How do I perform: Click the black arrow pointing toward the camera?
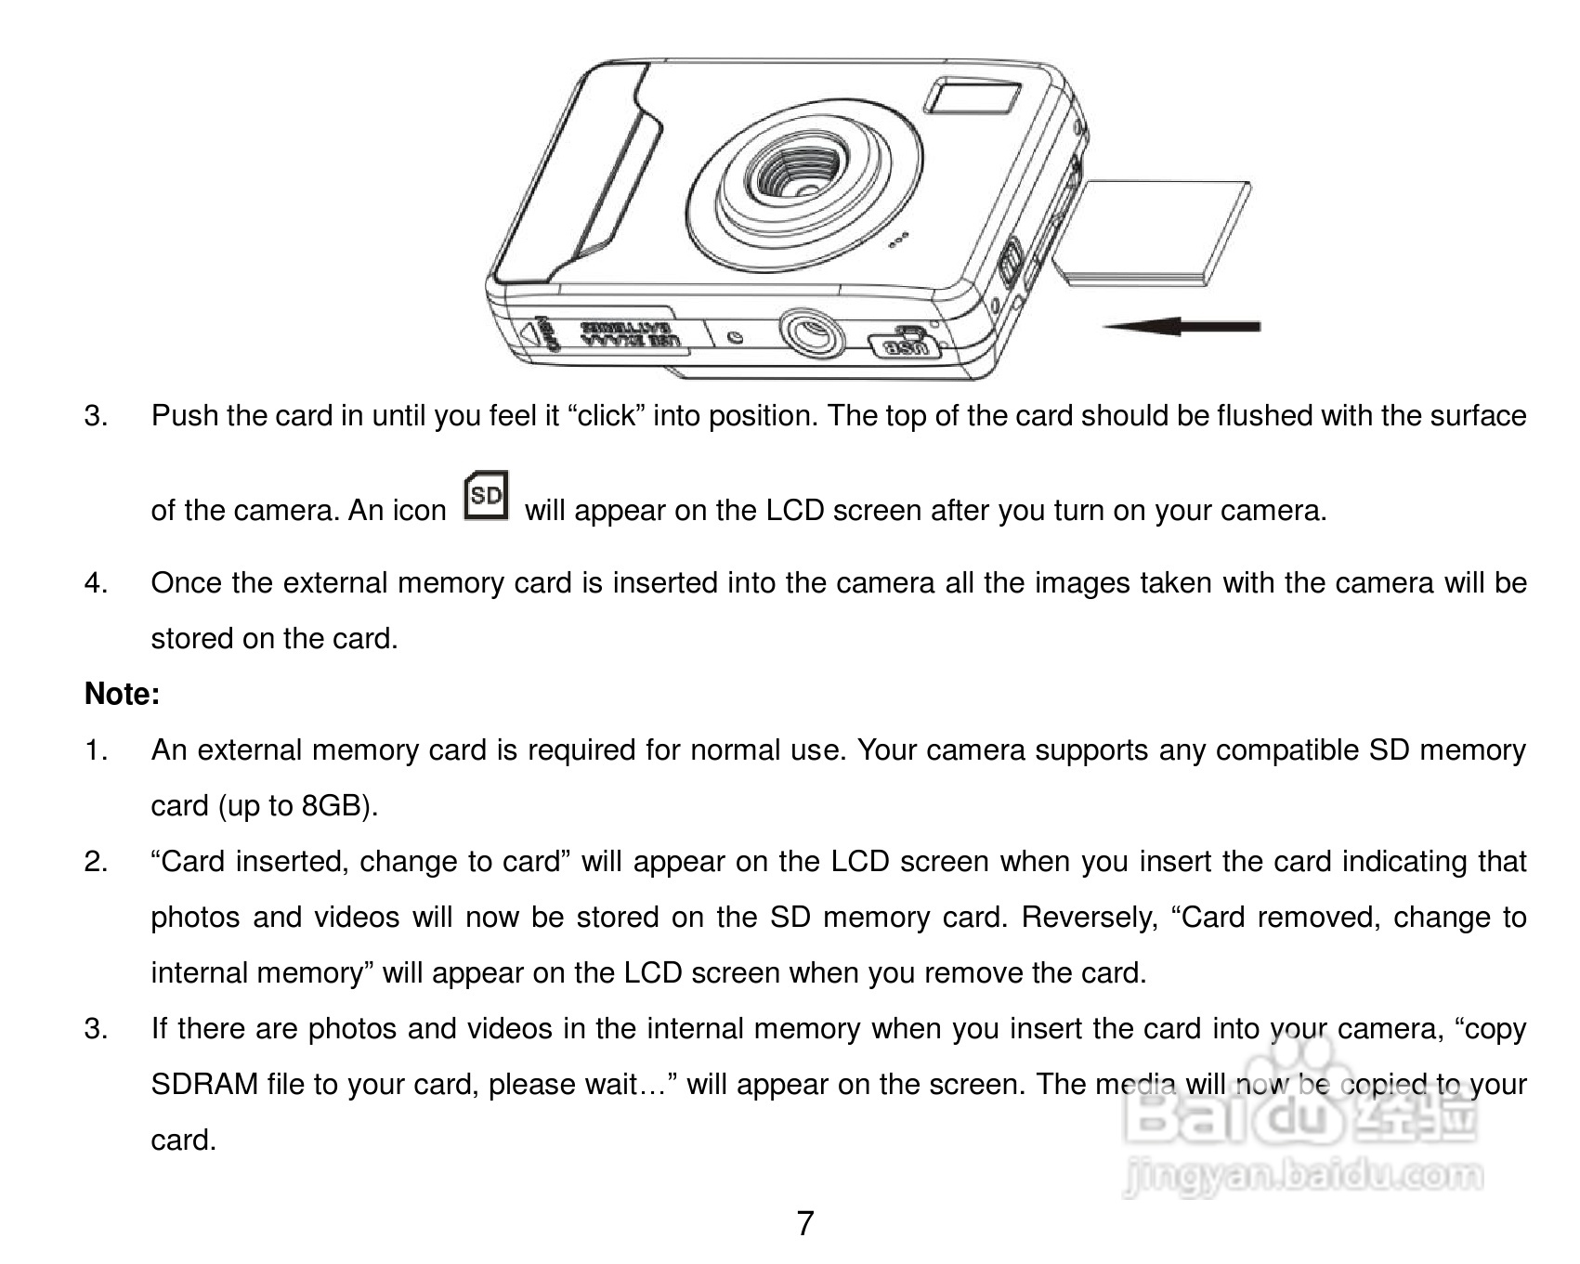[x=1180, y=326]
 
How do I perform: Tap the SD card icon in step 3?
[x=486, y=497]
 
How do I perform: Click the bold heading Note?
[x=122, y=694]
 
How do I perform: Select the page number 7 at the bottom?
[x=804, y=1223]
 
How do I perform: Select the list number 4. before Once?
[x=96, y=583]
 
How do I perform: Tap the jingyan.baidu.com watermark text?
[x=1300, y=1177]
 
